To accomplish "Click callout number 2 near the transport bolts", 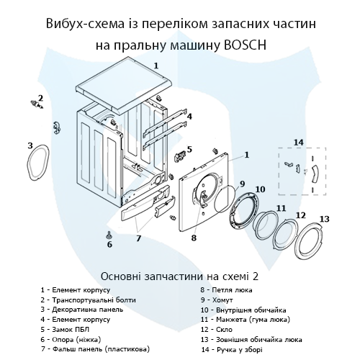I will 40,98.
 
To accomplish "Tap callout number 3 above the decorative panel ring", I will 30,145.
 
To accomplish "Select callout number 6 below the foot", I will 109,244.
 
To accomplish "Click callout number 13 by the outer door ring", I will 324,219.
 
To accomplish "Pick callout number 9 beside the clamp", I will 242,184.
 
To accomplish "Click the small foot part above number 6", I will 109,233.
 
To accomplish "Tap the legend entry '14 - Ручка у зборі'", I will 238,348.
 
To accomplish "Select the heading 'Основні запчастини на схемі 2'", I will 180,276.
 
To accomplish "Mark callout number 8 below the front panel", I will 194,237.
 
